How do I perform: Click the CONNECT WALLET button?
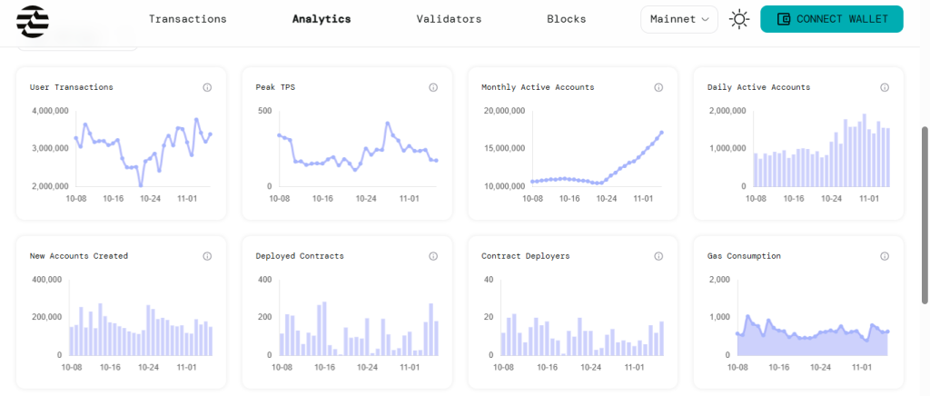click(831, 19)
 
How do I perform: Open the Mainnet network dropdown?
click(679, 19)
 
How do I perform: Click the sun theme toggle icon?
click(739, 19)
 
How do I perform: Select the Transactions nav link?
click(188, 19)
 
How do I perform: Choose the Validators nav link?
click(449, 19)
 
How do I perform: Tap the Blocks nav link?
click(567, 19)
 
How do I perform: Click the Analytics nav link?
click(322, 19)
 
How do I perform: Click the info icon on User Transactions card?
click(207, 87)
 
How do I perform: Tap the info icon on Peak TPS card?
click(433, 87)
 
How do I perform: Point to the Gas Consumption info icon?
click(885, 256)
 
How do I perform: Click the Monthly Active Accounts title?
click(538, 87)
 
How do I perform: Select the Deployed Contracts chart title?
click(300, 256)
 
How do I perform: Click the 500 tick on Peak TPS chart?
click(265, 111)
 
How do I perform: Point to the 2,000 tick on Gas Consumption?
click(719, 280)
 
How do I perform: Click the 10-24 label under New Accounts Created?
click(150, 367)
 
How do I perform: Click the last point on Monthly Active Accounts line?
click(662, 133)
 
